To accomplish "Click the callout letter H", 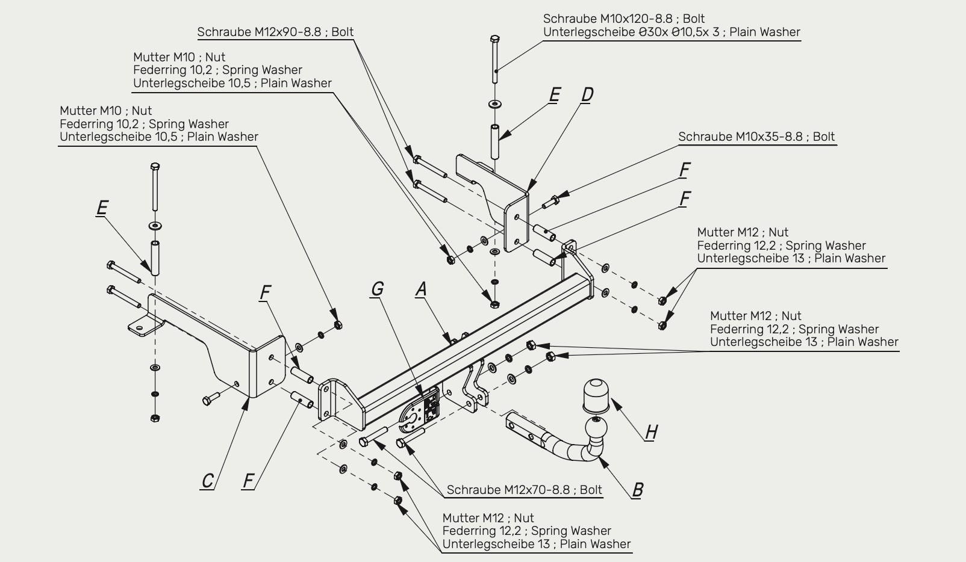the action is coord(651,431).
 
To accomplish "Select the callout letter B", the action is coord(637,490).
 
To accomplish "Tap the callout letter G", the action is coord(378,289).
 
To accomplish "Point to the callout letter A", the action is coord(422,289).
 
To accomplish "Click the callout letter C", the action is coord(207,481).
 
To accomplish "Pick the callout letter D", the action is coord(587,94).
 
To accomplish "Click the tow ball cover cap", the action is coord(596,396).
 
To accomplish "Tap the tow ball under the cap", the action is coord(596,428).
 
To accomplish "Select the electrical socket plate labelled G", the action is coord(420,410).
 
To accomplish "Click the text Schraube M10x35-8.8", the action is coord(740,137).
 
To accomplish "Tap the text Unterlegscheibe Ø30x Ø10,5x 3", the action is coord(631,32).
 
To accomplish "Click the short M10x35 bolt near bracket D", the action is coord(550,202).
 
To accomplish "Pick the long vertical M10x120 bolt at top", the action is coord(495,59).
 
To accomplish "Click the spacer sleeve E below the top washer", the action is coord(494,142).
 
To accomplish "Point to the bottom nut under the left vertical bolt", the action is coord(155,418).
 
